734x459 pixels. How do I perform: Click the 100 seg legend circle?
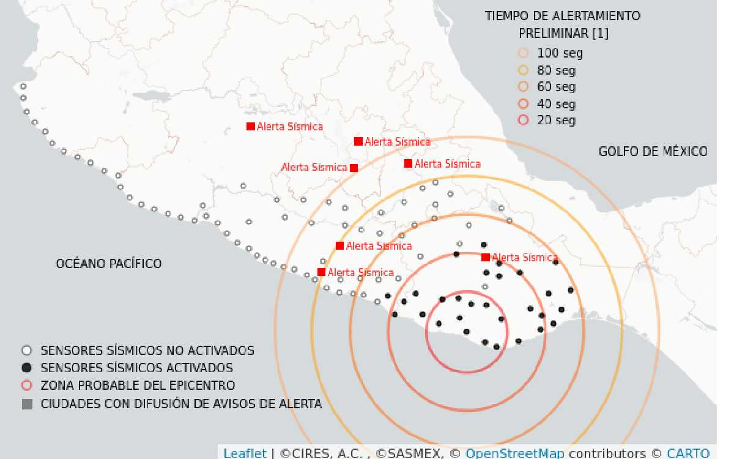(x=523, y=53)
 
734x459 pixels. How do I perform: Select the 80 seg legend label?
(x=556, y=70)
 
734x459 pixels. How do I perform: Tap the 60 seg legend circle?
(x=523, y=86)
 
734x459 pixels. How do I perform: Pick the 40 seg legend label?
(x=556, y=104)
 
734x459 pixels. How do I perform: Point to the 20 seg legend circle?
(x=523, y=121)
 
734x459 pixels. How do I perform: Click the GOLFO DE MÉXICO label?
(x=653, y=151)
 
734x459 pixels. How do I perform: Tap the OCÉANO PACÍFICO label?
(x=109, y=263)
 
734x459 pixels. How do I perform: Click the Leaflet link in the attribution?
(x=245, y=453)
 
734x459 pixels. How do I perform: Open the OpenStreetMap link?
(x=514, y=453)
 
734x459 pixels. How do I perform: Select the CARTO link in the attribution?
(x=688, y=453)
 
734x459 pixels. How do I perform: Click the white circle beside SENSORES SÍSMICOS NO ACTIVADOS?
(x=26, y=351)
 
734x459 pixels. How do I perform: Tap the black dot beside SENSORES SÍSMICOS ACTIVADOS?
(x=26, y=368)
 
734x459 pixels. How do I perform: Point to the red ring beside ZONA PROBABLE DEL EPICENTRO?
(x=26, y=386)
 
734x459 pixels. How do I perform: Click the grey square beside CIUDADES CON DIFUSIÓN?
(x=26, y=404)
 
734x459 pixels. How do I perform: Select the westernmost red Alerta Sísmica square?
(x=250, y=127)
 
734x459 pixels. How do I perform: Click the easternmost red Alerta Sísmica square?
(x=486, y=258)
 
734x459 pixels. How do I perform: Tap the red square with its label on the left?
(x=354, y=168)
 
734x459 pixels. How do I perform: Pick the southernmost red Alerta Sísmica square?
(x=321, y=272)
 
